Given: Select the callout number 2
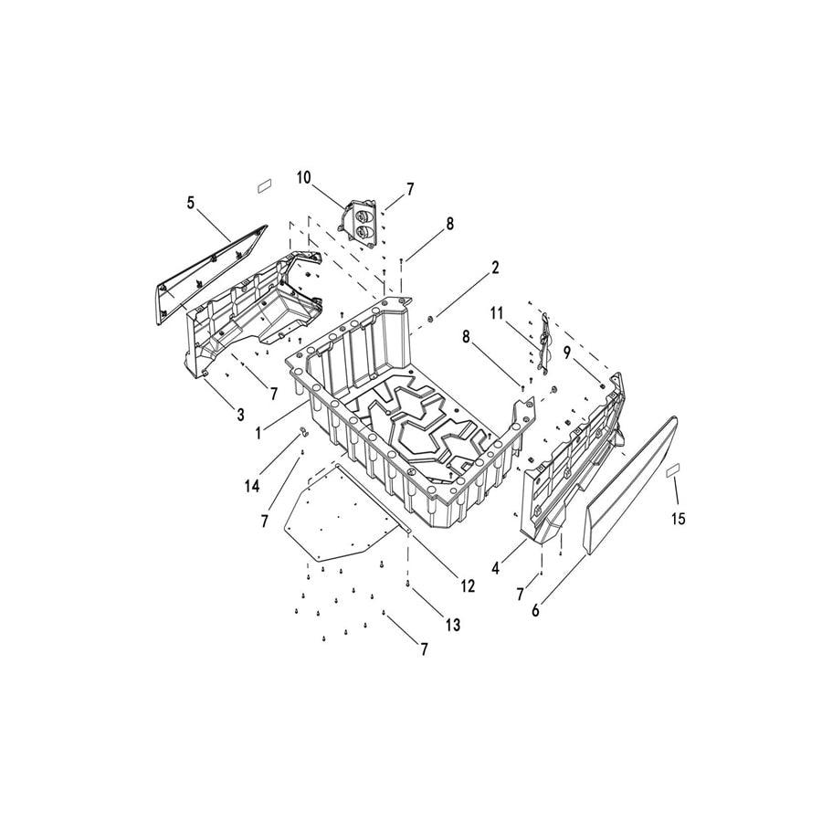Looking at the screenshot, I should [x=494, y=268].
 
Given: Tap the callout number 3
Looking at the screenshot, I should [x=240, y=414].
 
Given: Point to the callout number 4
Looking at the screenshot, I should [x=495, y=568].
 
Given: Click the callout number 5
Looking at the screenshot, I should [x=191, y=203].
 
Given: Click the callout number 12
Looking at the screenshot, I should [x=468, y=586].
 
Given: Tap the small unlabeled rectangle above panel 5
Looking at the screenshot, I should [x=263, y=184].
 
